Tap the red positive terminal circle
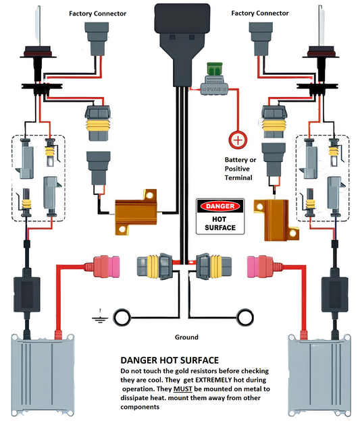(238, 140)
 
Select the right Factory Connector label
(259, 13)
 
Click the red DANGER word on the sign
(219, 206)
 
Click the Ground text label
(186, 337)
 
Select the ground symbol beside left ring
(100, 314)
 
